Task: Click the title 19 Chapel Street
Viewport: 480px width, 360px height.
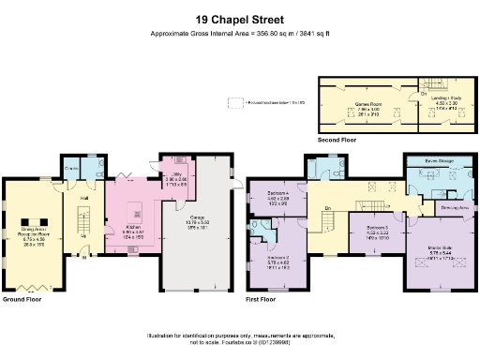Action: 239,18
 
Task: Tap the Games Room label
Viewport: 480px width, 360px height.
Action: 359,103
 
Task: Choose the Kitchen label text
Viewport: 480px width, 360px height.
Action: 132,227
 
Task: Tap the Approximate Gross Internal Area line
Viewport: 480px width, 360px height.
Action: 240,33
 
